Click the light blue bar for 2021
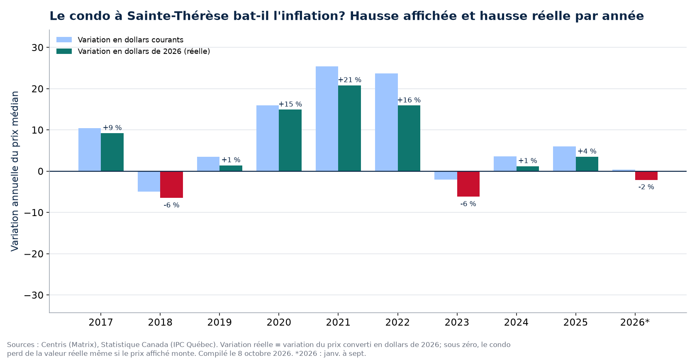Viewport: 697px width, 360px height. tap(327, 119)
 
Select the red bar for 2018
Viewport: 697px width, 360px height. tap(171, 185)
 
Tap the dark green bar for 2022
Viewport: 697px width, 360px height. tap(409, 138)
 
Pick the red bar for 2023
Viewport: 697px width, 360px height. tap(468, 184)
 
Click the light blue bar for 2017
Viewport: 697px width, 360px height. tap(90, 150)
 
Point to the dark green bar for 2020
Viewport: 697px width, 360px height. tap(290, 140)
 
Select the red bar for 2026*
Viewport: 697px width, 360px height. tap(646, 175)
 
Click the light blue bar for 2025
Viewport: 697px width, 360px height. tap(564, 159)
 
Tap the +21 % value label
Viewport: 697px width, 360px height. tap(350, 80)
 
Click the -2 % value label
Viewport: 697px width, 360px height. tap(646, 187)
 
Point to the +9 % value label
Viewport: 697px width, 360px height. tap(112, 128)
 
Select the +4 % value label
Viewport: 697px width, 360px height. tap(587, 151)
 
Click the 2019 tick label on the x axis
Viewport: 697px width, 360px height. tap(219, 322)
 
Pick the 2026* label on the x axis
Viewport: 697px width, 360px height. tap(635, 322)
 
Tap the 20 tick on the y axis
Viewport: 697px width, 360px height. tap(37, 89)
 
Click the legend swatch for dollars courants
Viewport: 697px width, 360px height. tap(64, 40)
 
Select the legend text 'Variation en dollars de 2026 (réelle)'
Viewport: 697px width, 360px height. tap(144, 51)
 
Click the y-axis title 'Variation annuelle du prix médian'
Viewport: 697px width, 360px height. tap(15, 171)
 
